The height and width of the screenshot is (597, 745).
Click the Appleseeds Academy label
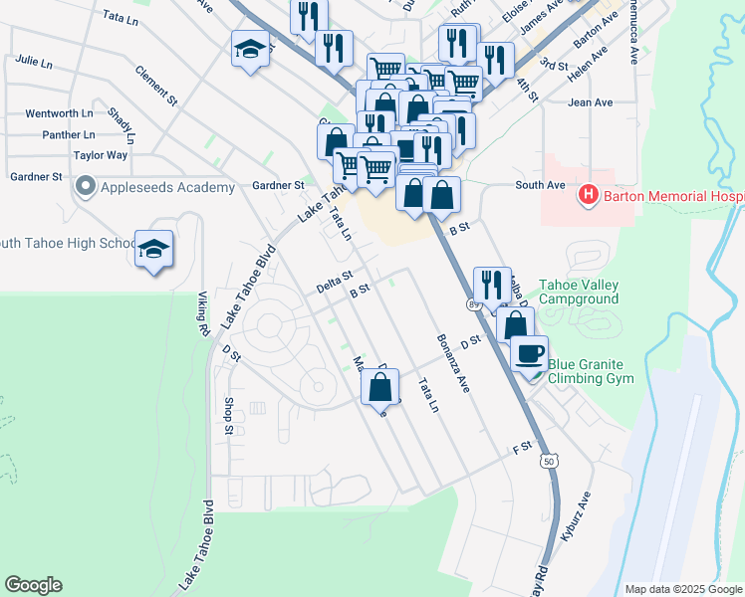pos(166,187)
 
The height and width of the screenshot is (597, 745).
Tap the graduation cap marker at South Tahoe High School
pos(154,248)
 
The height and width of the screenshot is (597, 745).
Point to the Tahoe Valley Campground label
pos(579,291)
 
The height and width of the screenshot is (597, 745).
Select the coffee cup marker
pos(530,352)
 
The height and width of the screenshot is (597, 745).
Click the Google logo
pos(33,585)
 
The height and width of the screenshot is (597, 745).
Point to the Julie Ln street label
pos(33,63)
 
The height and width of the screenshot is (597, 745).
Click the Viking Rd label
pos(202,312)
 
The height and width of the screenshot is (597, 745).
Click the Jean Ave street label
pos(590,102)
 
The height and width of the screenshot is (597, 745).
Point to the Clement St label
pos(156,87)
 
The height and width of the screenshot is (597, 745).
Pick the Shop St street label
pos(228,416)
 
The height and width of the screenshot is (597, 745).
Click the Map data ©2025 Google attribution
pos(683,589)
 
